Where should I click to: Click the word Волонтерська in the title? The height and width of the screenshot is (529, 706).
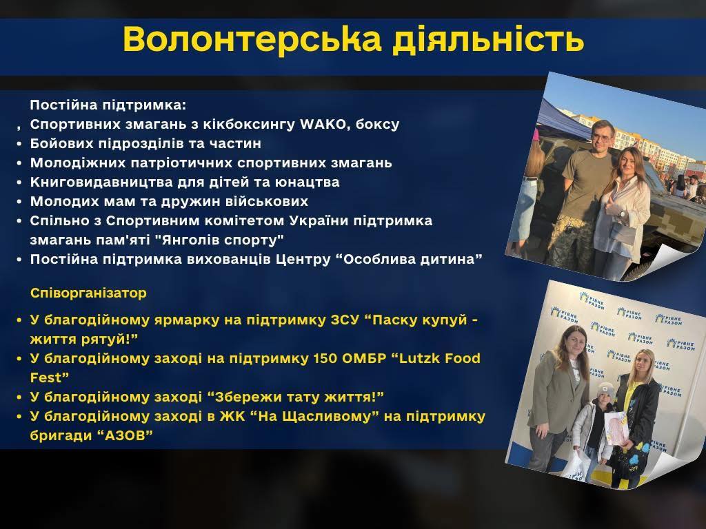pos(252,39)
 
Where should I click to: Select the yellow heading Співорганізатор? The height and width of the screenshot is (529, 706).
pos(88,293)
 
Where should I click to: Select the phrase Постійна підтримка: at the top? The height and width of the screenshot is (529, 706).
pos(108,105)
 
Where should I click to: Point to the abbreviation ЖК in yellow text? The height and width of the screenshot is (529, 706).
pos(232,416)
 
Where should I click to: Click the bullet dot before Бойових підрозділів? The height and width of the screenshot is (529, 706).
pos(19,144)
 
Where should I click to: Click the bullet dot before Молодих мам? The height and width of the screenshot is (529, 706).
pos(19,202)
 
